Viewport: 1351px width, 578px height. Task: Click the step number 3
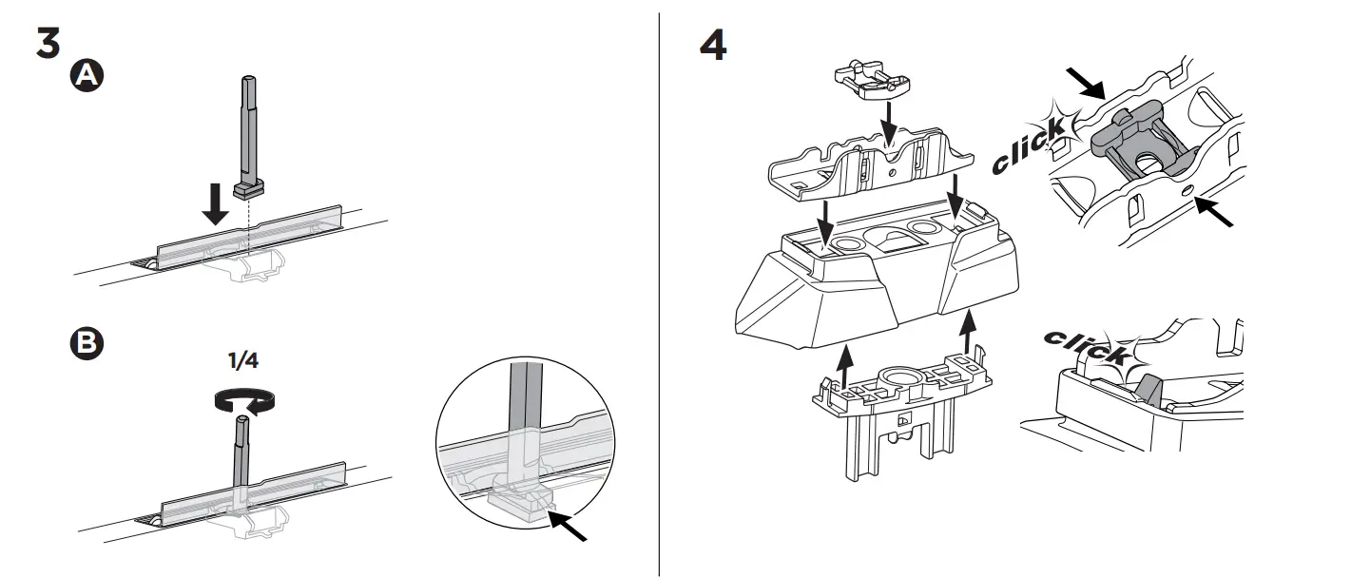[x=48, y=43]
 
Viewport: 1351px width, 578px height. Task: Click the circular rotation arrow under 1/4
[x=243, y=402]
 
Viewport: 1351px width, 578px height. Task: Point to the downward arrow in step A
[x=217, y=204]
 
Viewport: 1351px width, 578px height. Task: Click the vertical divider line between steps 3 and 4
[x=660, y=285]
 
